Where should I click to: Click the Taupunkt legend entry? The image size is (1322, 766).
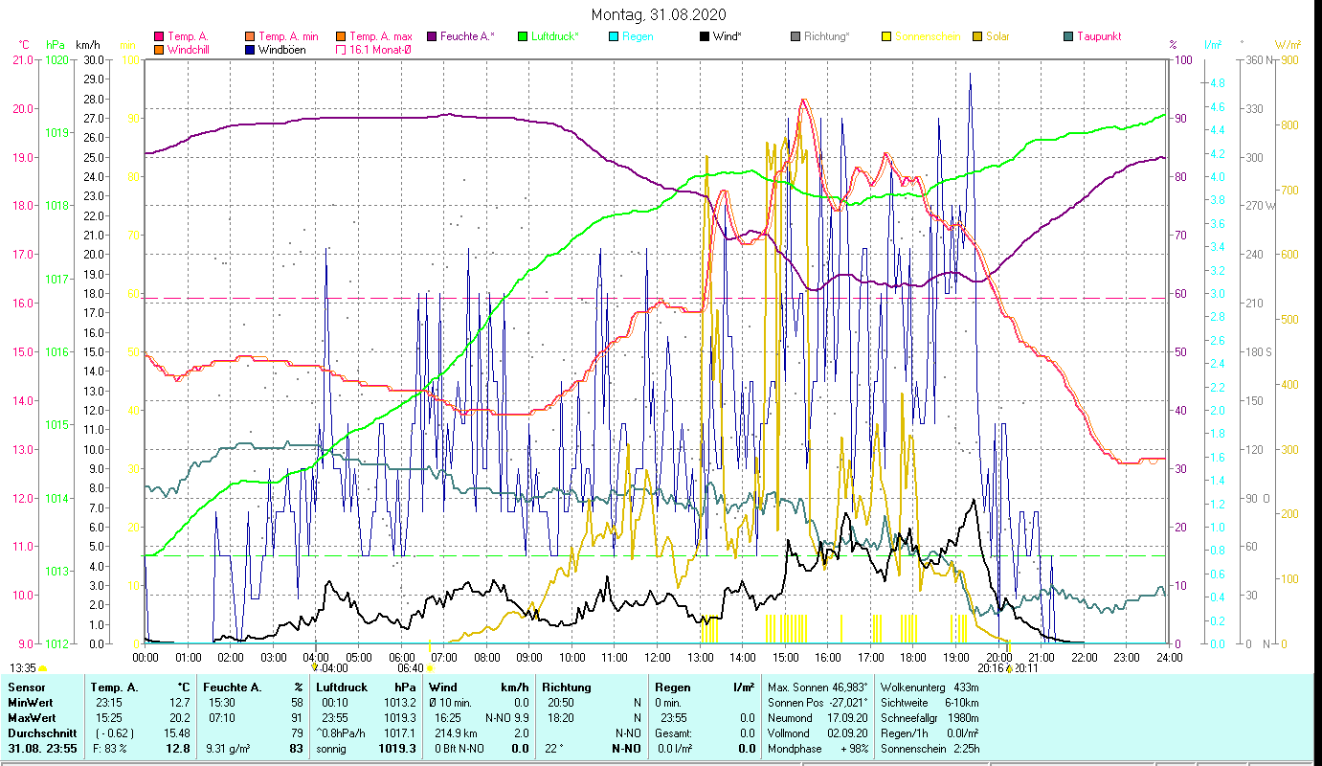(1098, 36)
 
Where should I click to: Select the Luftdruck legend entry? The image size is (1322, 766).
(554, 36)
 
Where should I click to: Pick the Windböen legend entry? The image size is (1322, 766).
(281, 50)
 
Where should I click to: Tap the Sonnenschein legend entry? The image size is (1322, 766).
(927, 36)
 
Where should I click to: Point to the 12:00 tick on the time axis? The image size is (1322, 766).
(658, 658)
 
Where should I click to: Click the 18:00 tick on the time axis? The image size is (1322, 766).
(913, 658)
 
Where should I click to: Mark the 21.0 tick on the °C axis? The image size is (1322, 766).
(22, 59)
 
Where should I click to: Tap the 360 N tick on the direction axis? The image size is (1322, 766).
(1256, 59)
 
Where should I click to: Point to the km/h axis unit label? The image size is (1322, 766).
(87, 45)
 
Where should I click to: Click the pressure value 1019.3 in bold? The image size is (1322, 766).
(397, 748)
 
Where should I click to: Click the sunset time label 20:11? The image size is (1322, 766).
(1026, 668)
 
